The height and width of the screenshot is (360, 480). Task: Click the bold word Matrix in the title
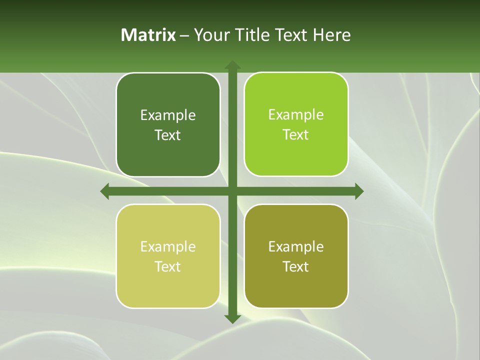[x=148, y=35]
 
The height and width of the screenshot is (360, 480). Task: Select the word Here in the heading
[x=332, y=35]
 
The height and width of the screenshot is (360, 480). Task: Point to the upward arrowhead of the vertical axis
[x=232, y=65]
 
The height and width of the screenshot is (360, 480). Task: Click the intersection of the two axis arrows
[x=232, y=191]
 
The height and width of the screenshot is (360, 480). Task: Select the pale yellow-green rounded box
[x=168, y=287]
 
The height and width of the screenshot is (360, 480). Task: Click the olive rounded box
[x=296, y=287]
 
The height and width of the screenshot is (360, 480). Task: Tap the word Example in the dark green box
[x=168, y=115]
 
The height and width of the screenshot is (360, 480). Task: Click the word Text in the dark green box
[x=168, y=135]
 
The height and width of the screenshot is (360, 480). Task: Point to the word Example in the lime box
[x=296, y=115]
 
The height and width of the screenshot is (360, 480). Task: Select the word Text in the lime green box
[x=296, y=135]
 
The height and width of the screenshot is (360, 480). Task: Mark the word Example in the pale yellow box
[x=168, y=247]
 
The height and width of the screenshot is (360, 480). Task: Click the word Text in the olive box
[x=296, y=267]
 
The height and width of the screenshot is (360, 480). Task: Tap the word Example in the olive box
[x=296, y=247]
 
